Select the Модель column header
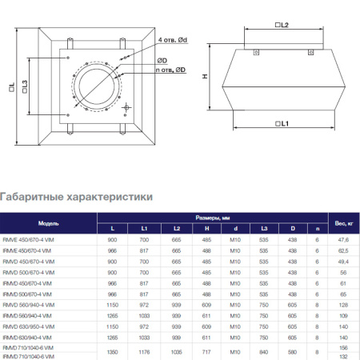click(48, 223)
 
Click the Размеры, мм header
click(214, 218)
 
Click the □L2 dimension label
click(282, 26)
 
